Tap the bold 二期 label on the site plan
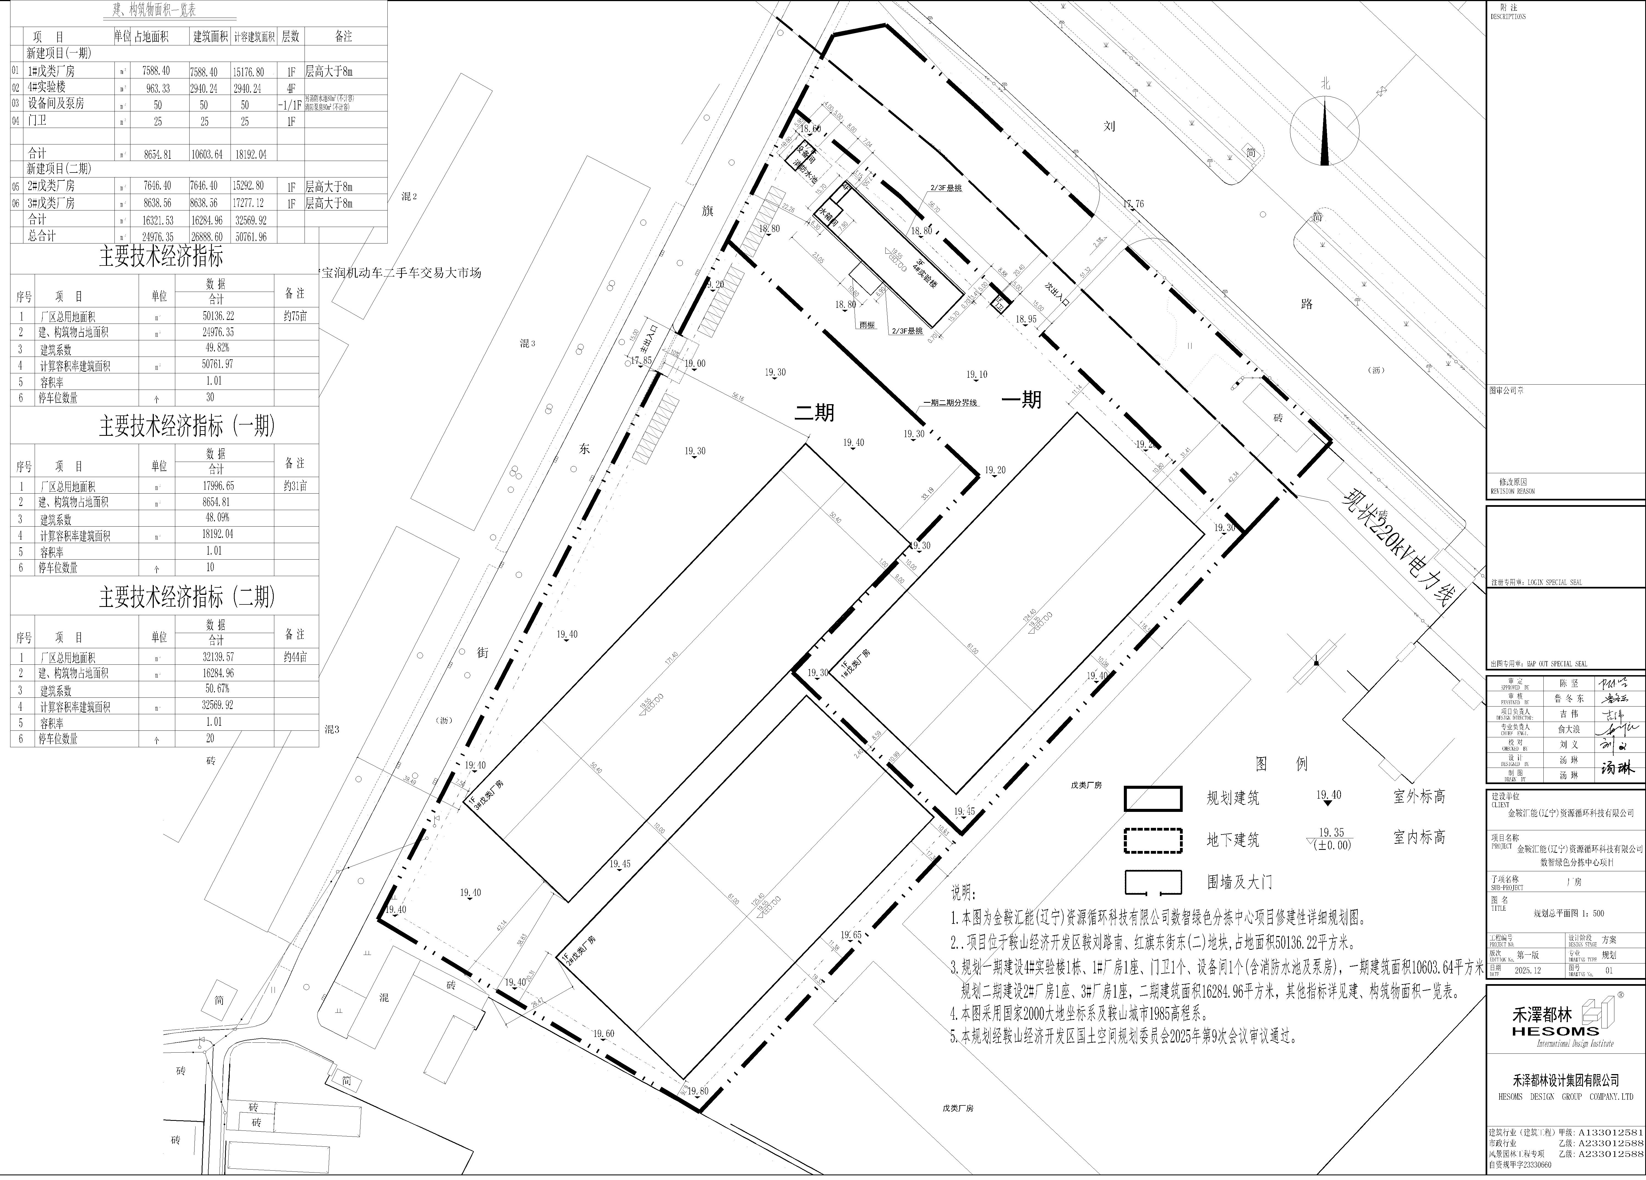[x=814, y=412]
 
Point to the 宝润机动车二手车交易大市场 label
[x=401, y=273]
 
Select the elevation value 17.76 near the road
[x=1133, y=204]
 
